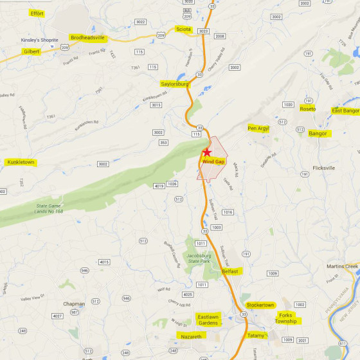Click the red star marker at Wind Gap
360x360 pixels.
(x=207, y=152)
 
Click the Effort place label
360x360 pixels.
(x=37, y=13)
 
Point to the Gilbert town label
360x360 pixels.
(x=32, y=51)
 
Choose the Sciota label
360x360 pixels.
(x=184, y=29)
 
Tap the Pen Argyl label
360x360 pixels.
(x=258, y=129)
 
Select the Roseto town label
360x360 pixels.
(x=308, y=109)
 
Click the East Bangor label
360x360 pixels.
(x=346, y=111)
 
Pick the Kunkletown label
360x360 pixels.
(x=21, y=162)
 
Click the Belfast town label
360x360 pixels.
(x=230, y=271)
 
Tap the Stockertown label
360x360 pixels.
(x=260, y=305)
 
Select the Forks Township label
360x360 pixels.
(x=285, y=318)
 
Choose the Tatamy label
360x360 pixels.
(x=256, y=336)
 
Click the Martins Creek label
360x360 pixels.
(x=341, y=266)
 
